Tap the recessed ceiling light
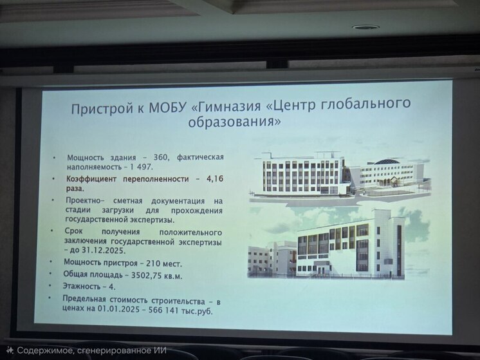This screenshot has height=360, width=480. (365, 27)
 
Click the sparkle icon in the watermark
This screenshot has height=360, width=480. (10, 350)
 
